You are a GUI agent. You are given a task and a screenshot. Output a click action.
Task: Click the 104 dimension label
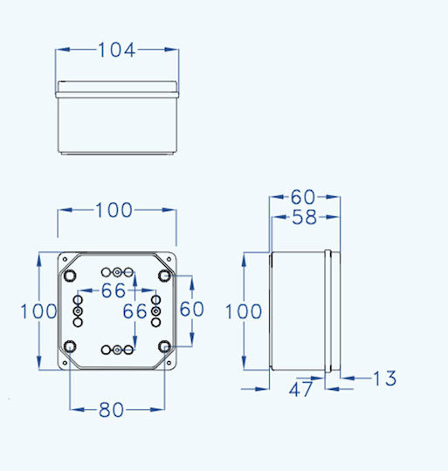tap(117, 50)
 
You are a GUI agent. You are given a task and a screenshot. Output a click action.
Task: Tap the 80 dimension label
tap(111, 410)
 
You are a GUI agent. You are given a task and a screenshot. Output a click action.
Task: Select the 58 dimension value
tap(304, 217)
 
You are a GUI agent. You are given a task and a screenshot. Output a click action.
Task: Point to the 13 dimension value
tap(384, 378)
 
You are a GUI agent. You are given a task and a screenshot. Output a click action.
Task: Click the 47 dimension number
tap(300, 389)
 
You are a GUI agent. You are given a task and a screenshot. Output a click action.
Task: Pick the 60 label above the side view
tap(303, 197)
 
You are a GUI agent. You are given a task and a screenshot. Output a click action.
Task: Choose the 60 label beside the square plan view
tap(192, 309)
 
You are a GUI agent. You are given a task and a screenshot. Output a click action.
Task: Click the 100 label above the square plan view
tap(114, 210)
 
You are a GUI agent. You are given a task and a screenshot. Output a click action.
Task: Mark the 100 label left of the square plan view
tap(38, 311)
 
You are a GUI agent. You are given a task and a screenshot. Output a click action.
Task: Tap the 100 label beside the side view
tap(244, 311)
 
